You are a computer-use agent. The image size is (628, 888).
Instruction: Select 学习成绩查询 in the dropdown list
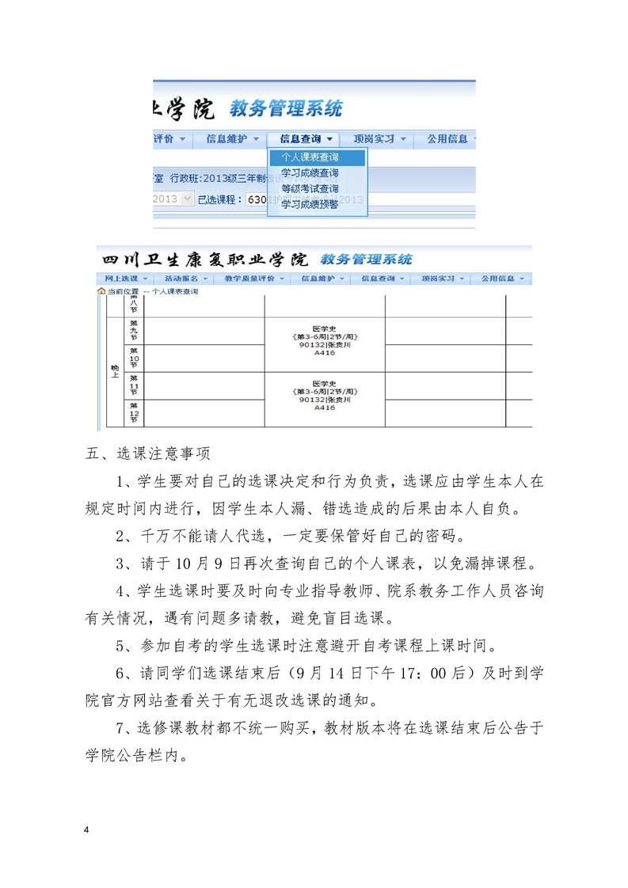click(x=310, y=173)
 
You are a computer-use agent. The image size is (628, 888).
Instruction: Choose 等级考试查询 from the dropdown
click(x=310, y=188)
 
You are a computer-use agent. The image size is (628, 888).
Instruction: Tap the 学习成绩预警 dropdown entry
click(x=310, y=204)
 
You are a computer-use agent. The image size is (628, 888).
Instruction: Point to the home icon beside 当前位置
click(x=101, y=291)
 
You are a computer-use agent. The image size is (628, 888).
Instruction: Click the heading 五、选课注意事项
click(x=147, y=454)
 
